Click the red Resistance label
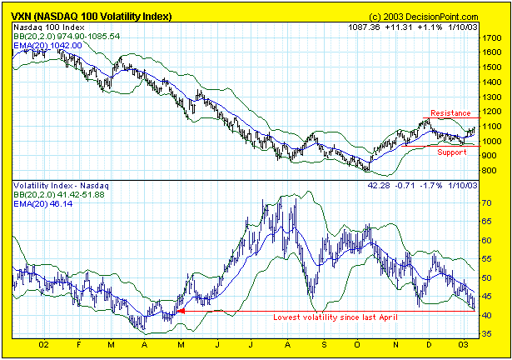pos(450,112)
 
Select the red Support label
pos(452,152)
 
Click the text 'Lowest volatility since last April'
pos(337,317)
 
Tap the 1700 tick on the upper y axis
pos(490,37)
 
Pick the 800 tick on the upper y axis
pos(488,171)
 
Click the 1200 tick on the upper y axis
pos(490,112)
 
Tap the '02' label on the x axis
pos(43,343)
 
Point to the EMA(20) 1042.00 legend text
pos(55,47)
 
